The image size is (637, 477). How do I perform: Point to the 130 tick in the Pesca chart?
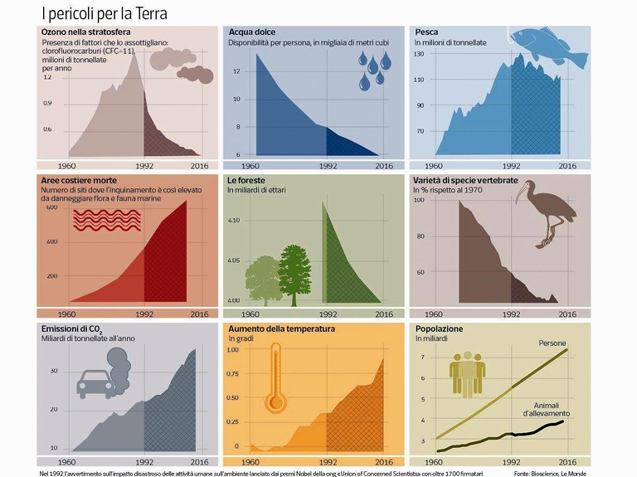pyautogui.click(x=419, y=54)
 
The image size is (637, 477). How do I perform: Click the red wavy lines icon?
pyautogui.click(x=106, y=220)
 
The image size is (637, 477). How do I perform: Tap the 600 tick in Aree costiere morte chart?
pyautogui.click(x=51, y=207)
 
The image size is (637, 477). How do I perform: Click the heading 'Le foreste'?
pyautogui.click(x=250, y=179)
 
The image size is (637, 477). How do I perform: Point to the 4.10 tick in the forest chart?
pyautogui.click(x=233, y=221)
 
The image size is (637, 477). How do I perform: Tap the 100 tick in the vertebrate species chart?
pyautogui.click(x=419, y=201)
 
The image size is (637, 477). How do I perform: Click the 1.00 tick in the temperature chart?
pyautogui.click(x=233, y=350)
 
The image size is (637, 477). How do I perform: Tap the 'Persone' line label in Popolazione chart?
pyautogui.click(x=552, y=343)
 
